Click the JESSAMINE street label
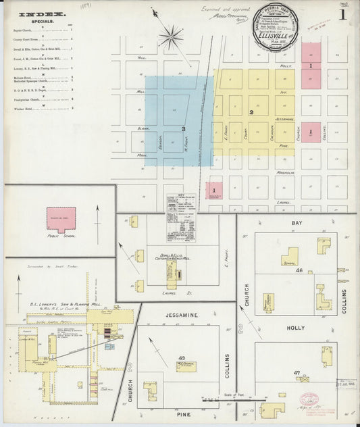[x=178, y=314]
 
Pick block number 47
[x=297, y=373]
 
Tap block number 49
[x=181, y=357]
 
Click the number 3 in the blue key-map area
[x=183, y=128]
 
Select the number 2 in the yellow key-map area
[x=251, y=112]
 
